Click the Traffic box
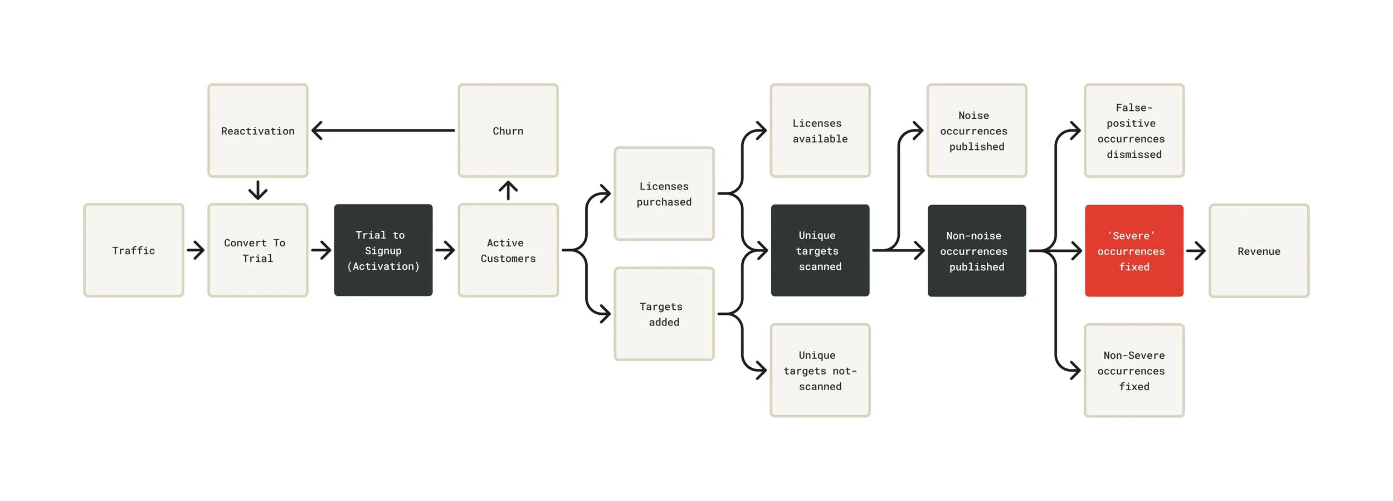click(134, 250)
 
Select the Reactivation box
click(257, 130)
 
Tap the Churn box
click(508, 130)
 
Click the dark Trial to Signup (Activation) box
click(383, 250)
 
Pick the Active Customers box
click(508, 250)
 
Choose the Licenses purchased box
click(664, 193)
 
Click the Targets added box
click(664, 314)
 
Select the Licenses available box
click(820, 130)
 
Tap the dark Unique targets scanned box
click(820, 250)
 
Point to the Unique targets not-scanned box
click(820, 370)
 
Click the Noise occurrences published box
click(976, 130)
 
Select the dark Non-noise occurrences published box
click(976, 251)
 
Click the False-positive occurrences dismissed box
click(1134, 130)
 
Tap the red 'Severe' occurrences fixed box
click(1134, 251)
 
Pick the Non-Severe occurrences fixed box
click(1134, 370)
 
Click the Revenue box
click(1259, 251)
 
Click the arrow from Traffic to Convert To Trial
click(196, 250)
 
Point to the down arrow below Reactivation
click(257, 190)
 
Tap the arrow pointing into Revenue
click(1196, 251)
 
